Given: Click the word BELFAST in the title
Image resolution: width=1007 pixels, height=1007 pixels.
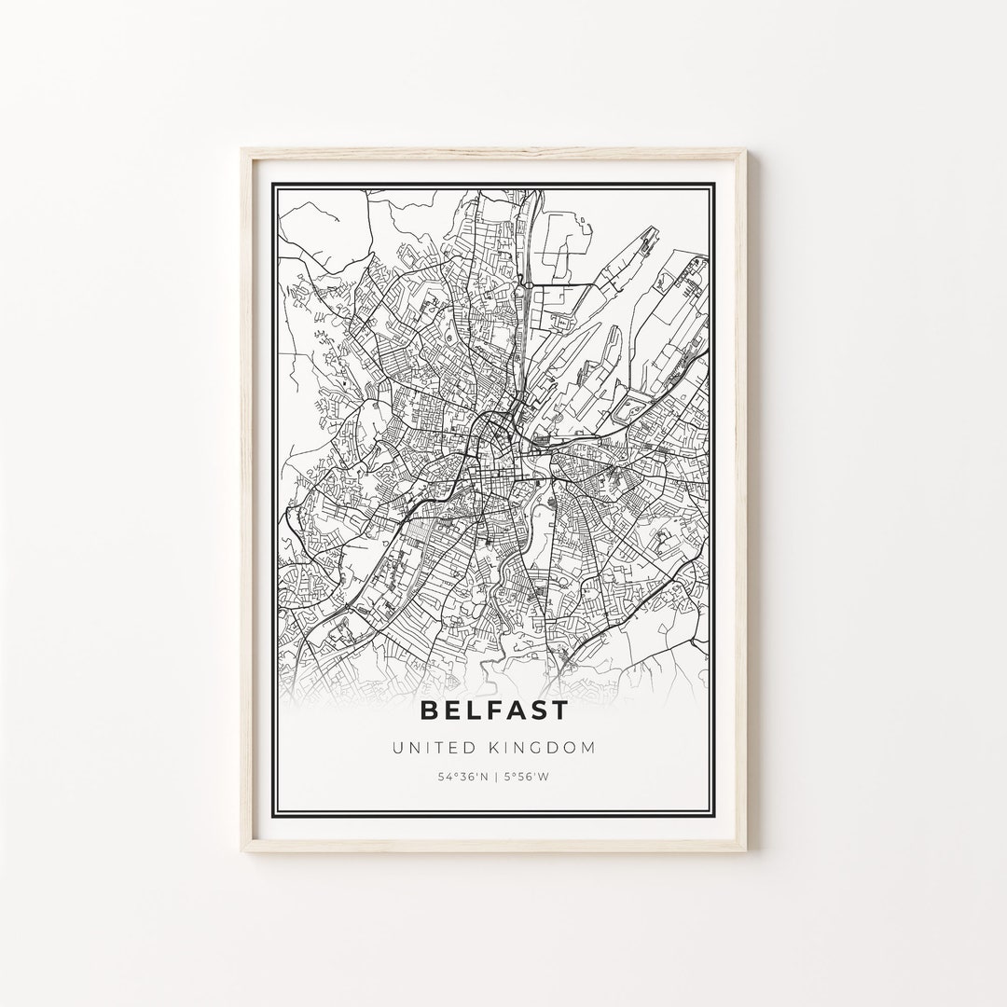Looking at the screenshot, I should click(x=494, y=710).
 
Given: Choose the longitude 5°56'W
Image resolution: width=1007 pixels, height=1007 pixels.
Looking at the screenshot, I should click(x=527, y=777).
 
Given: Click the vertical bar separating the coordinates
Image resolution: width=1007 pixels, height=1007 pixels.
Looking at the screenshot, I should click(x=494, y=777).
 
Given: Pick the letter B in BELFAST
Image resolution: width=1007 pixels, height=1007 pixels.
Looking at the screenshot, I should click(x=431, y=710).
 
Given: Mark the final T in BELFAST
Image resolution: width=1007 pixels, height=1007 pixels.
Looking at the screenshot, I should click(x=558, y=710).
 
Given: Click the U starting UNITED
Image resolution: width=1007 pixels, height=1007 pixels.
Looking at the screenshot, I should click(x=399, y=747).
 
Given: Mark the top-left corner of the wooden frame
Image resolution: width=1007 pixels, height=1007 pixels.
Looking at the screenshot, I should click(x=241, y=148).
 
